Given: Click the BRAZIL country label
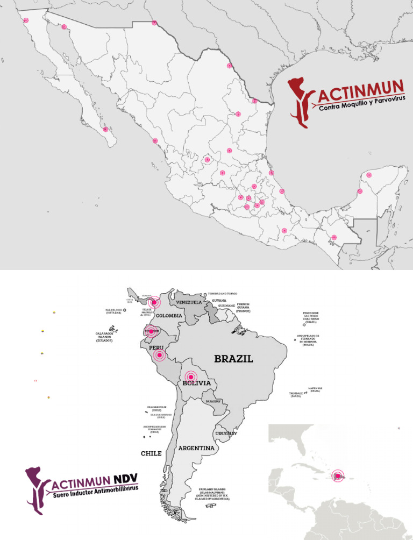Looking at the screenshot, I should [x=233, y=359].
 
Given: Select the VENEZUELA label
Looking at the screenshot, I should [x=189, y=302].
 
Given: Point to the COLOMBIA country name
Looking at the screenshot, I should [x=169, y=316].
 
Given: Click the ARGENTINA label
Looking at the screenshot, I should [x=196, y=448].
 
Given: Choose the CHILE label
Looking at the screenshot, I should [x=151, y=453].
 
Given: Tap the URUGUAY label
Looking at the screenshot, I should [x=226, y=434].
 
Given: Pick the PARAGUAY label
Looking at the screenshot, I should [x=213, y=402].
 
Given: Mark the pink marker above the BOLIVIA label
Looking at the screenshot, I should [x=189, y=376].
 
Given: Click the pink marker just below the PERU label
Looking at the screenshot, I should [x=159, y=355].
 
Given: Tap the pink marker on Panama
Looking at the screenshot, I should [x=154, y=302].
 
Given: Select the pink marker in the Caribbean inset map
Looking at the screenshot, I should [x=338, y=475].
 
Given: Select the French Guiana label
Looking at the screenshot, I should [x=243, y=308].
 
